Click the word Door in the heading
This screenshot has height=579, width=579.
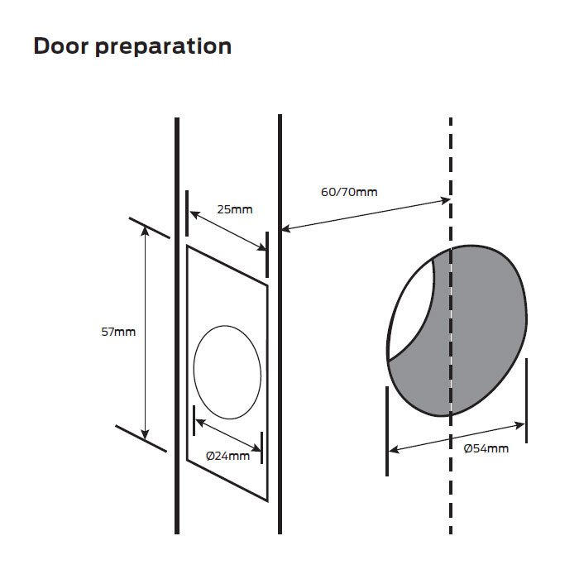[x=60, y=46]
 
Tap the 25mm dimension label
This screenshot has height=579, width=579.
[x=236, y=209]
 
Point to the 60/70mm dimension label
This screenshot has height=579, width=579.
[x=348, y=192]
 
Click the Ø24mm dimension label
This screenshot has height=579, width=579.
[x=227, y=456]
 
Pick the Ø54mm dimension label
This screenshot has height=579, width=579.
[x=486, y=448]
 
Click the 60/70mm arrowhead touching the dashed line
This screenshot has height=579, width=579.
[x=444, y=201]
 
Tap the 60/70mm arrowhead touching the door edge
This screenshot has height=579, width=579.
[x=287, y=228]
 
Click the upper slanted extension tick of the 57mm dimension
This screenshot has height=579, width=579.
[x=149, y=227]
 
